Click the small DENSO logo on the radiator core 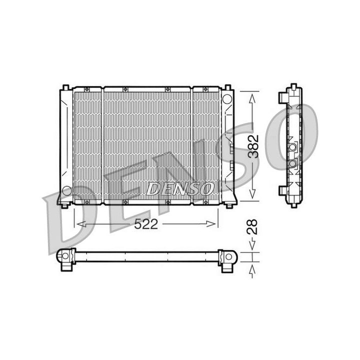point(179,189)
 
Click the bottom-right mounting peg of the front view point(229,205)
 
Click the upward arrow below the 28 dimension point(253,271)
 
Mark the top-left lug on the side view point(282,95)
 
